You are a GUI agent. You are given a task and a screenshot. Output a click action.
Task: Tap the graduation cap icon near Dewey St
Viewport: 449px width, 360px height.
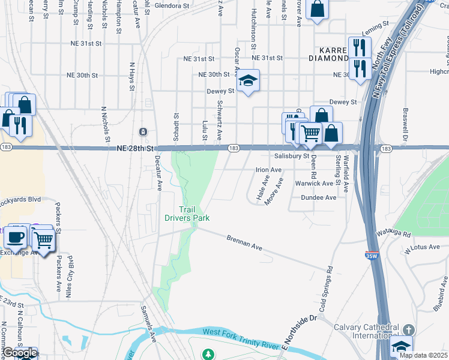(247, 81)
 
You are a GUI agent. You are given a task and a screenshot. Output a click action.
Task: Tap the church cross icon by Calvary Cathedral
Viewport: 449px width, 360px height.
(408, 330)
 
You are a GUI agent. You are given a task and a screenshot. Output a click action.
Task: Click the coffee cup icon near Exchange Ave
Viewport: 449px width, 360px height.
(15, 237)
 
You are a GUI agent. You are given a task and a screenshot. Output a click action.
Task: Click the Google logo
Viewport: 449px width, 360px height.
(20, 353)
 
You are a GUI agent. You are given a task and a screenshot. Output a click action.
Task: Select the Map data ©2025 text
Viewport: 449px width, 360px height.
(423, 355)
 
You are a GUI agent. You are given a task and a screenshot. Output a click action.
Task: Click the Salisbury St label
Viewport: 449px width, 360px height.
(291, 156)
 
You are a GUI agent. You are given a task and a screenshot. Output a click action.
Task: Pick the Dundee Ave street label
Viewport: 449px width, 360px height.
(319, 197)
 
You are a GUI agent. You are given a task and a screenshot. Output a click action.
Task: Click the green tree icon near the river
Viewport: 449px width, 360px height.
(208, 355)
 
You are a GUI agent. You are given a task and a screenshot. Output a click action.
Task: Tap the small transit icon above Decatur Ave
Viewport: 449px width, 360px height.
(143, 131)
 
